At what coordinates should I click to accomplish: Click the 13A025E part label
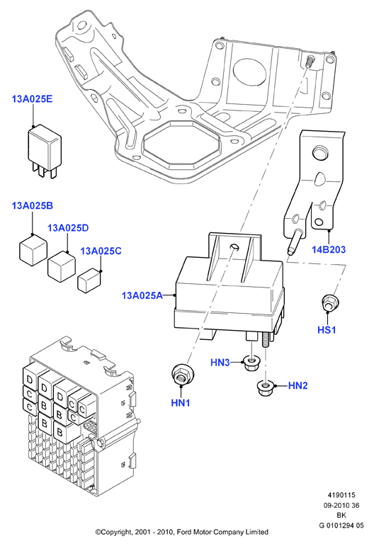(x=32, y=99)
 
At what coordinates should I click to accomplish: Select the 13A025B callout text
(x=33, y=205)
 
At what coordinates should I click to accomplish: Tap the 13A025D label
(x=68, y=228)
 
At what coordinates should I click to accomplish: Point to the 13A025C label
(x=101, y=251)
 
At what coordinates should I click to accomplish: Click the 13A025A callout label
(x=142, y=295)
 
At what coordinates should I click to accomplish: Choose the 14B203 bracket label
(x=329, y=249)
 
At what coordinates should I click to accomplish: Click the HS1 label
(x=327, y=329)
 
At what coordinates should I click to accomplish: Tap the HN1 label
(x=181, y=403)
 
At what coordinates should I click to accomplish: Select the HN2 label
(x=298, y=385)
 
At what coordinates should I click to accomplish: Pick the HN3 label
(x=220, y=363)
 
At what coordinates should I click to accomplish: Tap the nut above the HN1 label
(x=183, y=375)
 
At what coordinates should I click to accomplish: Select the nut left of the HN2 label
(x=265, y=387)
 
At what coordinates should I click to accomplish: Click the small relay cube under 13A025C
(x=89, y=280)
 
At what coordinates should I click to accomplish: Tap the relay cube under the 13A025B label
(x=33, y=250)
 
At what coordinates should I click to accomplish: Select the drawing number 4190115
(x=341, y=495)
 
